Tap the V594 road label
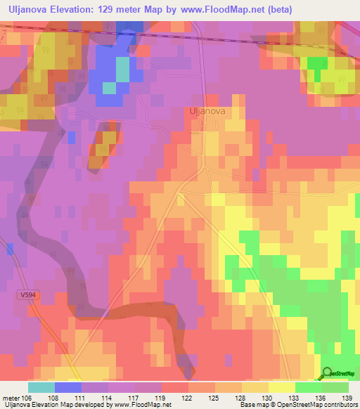click(x=27, y=296)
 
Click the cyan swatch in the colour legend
click(x=41, y=387)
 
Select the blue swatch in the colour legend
click(x=68, y=387)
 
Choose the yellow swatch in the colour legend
click(x=281, y=387)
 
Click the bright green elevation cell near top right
click(x=319, y=63)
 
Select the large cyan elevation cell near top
click(x=122, y=70)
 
